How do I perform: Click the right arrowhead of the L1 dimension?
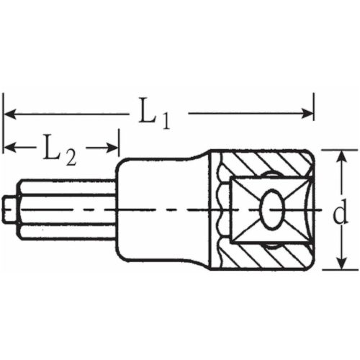(310, 113)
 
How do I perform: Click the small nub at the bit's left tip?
(9, 209)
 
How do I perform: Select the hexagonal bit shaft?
(65, 209)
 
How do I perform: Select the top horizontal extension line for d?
(335, 150)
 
